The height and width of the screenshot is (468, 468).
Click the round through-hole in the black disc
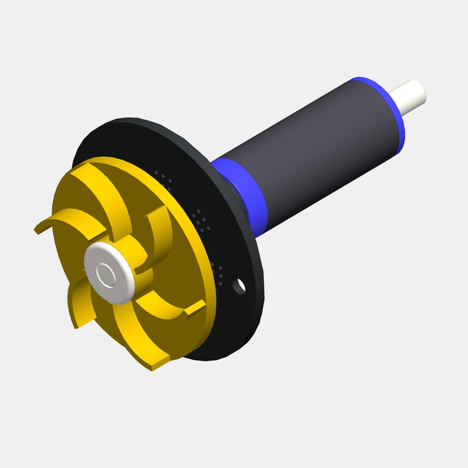pos(239,286)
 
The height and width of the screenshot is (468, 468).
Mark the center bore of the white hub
pos(107,274)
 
